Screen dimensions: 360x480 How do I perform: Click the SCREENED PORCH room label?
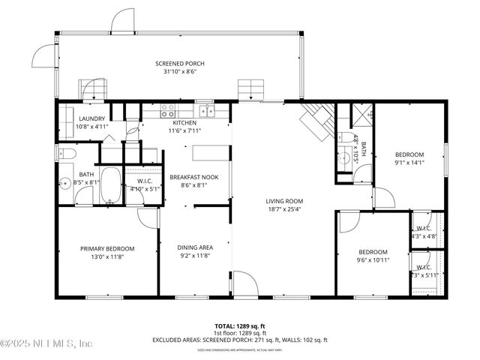[179, 64]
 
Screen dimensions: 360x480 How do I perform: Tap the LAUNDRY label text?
[92, 118]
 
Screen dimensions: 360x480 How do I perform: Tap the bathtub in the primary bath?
[111, 185]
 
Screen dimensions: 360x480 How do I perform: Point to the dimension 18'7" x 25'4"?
[283, 210]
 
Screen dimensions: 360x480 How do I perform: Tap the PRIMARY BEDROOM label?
[107, 248]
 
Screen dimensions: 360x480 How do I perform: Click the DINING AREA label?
[195, 247]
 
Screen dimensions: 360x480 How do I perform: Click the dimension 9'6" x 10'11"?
[372, 260]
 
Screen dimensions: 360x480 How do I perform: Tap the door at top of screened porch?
[121, 22]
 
